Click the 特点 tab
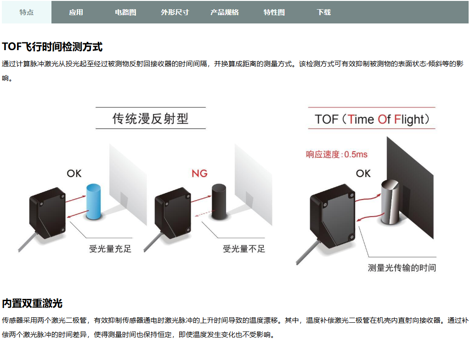pos(27,12)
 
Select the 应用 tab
pos(76,12)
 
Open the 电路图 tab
pos(125,12)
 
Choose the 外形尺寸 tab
pos(175,12)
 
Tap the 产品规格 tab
pos(225,12)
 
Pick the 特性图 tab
pos(274,12)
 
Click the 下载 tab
pos(324,12)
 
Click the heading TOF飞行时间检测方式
pos(52,47)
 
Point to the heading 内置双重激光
pos(32,303)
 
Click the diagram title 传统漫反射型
pos(151,119)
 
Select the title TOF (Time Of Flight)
pos(372,120)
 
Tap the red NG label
pos(199,173)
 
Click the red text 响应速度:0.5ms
pos(337,154)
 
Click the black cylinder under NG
pos(219,202)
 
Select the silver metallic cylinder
pos(391,202)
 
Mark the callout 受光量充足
pos(110,249)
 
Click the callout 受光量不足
pos(244,249)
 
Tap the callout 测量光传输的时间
pos(402,268)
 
